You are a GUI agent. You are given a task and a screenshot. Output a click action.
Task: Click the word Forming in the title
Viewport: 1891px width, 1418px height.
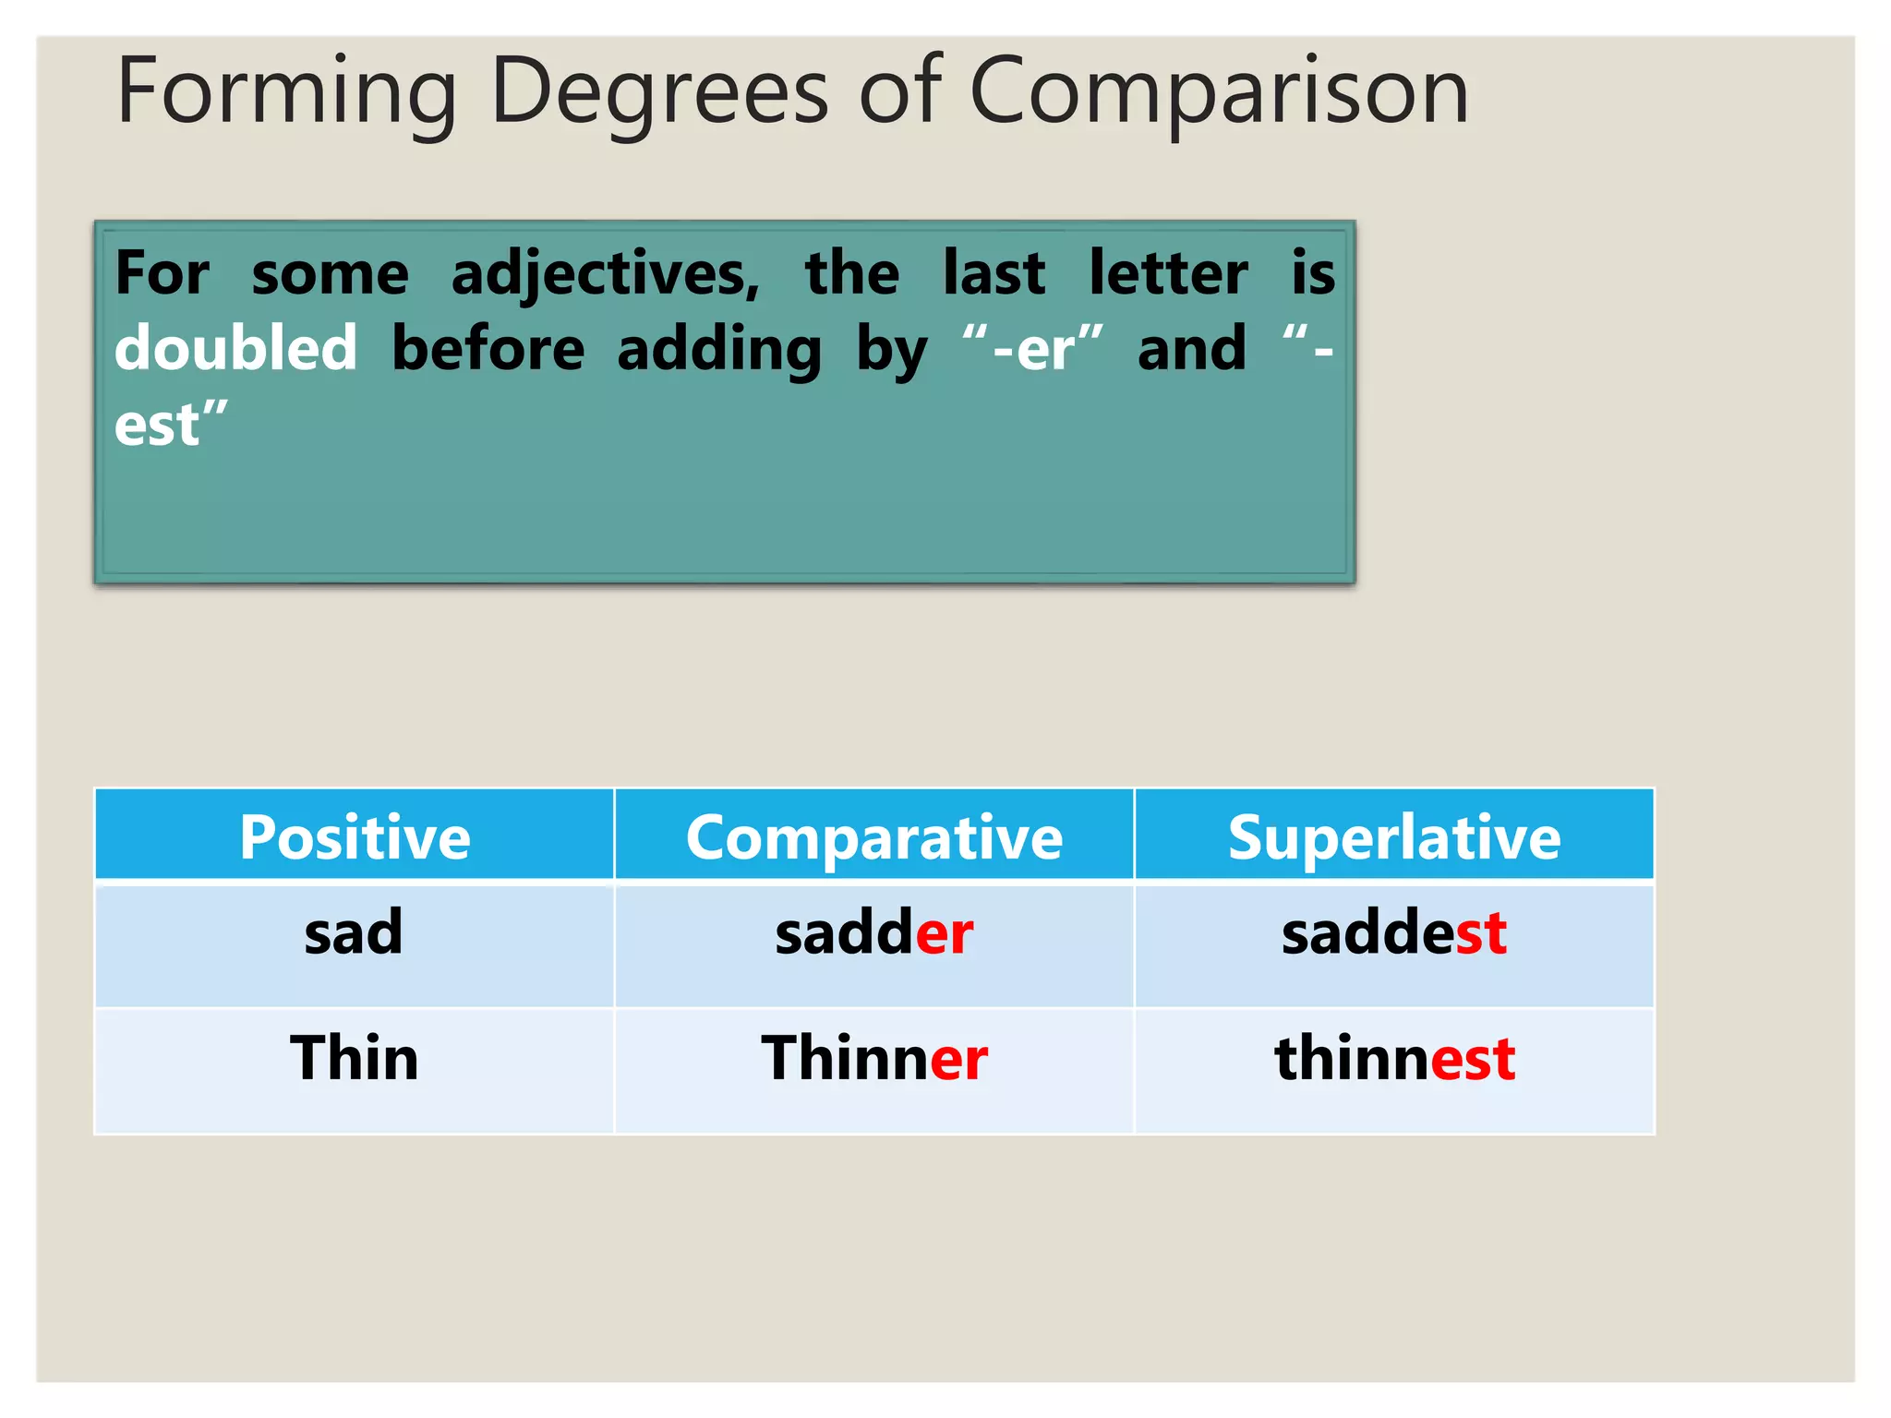click(286, 92)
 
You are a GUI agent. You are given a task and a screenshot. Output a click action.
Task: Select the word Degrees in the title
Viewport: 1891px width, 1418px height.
click(659, 92)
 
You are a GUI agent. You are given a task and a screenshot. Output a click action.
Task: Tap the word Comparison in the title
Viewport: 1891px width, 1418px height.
click(1218, 92)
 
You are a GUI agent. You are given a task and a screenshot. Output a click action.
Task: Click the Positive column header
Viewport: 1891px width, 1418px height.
click(355, 837)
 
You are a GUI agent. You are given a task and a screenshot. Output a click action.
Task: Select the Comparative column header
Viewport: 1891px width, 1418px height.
click(873, 837)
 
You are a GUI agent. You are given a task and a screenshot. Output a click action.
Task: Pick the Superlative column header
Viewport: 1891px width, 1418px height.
click(1393, 837)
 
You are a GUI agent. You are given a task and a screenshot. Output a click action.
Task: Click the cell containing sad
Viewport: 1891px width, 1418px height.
click(354, 932)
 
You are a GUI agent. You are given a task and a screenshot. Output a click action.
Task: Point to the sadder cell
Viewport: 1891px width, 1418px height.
click(873, 932)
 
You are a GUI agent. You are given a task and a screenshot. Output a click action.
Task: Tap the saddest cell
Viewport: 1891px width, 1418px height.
click(1393, 932)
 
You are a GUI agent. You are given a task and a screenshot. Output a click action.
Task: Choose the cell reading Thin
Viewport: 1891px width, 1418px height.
click(354, 1058)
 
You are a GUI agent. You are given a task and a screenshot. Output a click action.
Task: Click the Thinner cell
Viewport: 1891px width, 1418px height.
click(873, 1058)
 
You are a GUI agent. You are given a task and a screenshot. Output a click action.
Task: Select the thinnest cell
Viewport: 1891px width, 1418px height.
click(1393, 1058)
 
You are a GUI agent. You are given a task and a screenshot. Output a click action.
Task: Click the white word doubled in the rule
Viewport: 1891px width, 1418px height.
click(235, 349)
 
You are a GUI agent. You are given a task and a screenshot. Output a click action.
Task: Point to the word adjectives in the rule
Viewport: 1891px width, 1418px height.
click(605, 275)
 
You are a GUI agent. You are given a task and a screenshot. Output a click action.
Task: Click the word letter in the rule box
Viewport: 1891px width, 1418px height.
click(1168, 273)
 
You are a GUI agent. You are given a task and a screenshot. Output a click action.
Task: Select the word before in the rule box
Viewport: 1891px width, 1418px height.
click(488, 349)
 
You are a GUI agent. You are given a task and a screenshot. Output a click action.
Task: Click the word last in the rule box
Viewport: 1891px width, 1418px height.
click(994, 273)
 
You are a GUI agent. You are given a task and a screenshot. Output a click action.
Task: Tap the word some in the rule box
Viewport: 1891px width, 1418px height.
click(330, 275)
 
